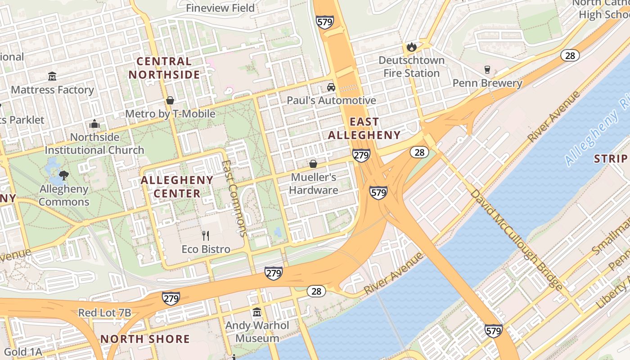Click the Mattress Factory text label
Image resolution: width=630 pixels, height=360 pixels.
(52, 90)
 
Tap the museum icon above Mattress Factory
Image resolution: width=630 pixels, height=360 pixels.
(52, 76)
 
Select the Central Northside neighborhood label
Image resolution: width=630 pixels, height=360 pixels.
(164, 68)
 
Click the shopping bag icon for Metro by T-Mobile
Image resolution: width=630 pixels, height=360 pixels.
(170, 100)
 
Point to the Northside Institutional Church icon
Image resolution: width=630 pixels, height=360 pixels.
(94, 124)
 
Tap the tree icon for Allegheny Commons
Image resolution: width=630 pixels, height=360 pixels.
(64, 175)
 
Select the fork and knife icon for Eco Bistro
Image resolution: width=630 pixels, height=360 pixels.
(206, 235)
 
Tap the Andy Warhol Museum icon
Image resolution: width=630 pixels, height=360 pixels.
(257, 311)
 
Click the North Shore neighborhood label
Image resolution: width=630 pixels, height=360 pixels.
(145, 339)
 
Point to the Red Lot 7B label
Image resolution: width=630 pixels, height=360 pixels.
(104, 313)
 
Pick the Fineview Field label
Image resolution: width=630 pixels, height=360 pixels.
(220, 8)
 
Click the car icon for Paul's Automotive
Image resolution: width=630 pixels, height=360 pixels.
(331, 87)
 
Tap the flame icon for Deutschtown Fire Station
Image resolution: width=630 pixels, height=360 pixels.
(411, 46)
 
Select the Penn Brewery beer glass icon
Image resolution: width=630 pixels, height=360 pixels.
(487, 69)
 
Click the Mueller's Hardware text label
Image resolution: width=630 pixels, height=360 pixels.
(314, 184)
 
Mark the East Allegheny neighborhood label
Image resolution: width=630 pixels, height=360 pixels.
(364, 128)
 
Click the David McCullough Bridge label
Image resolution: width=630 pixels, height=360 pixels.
(516, 239)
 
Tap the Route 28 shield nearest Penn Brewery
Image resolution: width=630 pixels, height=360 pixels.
(570, 55)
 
